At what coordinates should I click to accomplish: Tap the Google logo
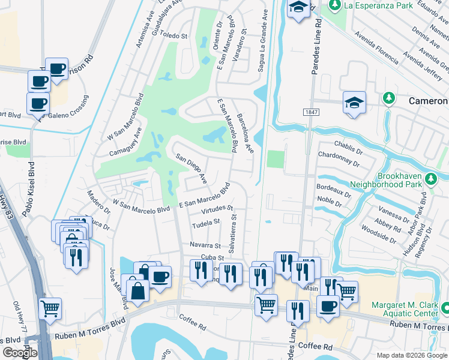click(20, 353)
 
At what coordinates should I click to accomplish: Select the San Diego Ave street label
click(191, 169)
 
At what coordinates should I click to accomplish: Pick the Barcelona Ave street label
click(245, 132)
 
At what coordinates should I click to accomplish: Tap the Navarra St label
click(205, 245)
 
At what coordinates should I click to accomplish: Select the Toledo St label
click(174, 35)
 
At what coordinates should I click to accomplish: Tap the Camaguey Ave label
click(125, 142)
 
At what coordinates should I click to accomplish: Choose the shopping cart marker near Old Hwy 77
click(50, 308)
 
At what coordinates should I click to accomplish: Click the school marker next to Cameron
click(354, 103)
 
